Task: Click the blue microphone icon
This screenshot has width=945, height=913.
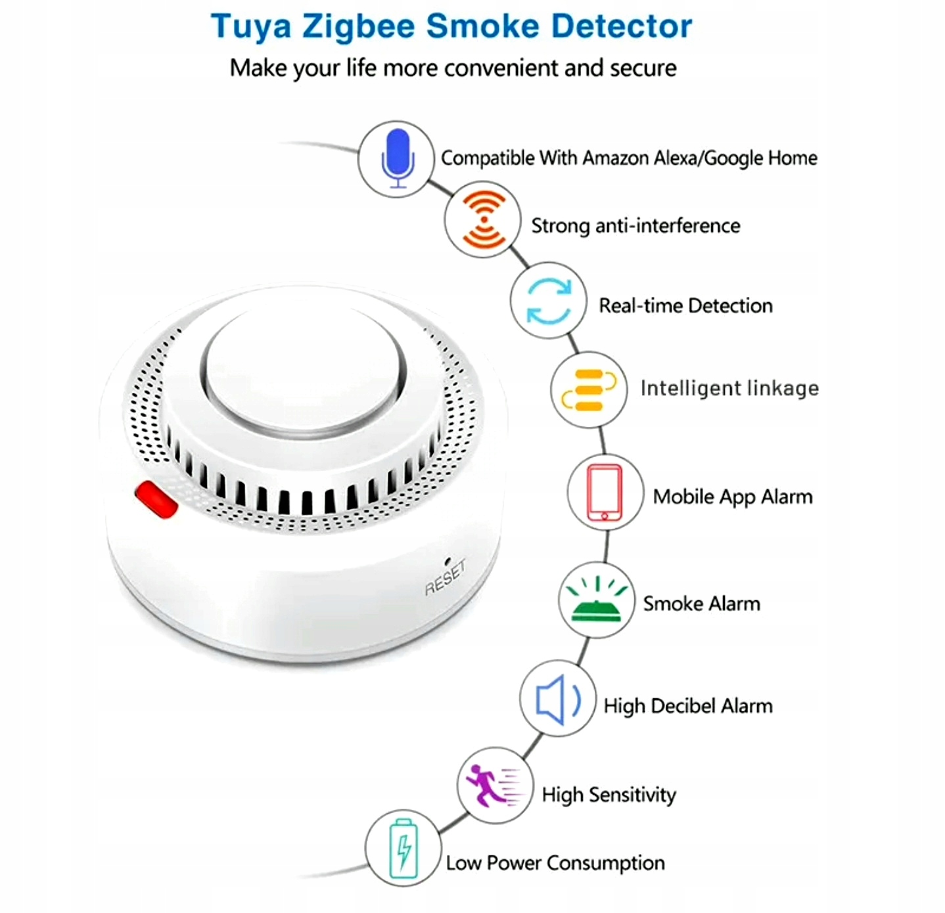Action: tap(397, 158)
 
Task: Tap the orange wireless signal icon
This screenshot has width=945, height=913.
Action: tap(483, 220)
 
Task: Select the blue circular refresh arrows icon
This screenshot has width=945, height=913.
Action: tap(549, 301)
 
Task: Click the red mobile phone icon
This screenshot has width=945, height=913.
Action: tap(605, 492)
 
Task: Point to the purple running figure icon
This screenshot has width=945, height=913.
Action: tap(494, 785)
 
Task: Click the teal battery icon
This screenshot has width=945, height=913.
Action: tap(403, 848)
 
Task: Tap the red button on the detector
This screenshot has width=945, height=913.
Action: tap(156, 499)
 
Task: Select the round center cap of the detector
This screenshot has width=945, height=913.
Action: tap(303, 371)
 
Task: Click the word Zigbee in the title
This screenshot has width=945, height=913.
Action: tap(358, 26)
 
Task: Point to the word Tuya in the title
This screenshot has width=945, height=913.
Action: tap(250, 26)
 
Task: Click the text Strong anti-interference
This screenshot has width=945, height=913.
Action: tap(635, 226)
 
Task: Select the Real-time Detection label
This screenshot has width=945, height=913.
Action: tap(685, 305)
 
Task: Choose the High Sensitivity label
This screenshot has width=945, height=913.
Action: tap(609, 795)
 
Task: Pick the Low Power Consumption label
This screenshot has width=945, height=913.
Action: tap(555, 862)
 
